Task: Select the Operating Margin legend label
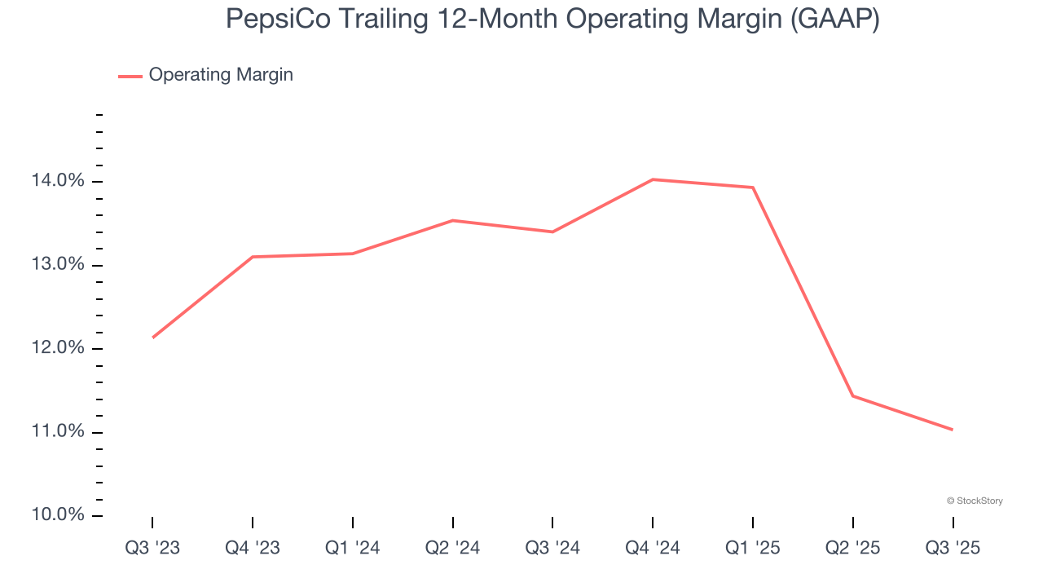[221, 75]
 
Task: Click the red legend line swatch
[130, 76]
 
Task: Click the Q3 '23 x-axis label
[152, 549]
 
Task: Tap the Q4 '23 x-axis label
[253, 549]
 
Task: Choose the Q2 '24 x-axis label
[452, 549]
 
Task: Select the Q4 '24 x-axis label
[653, 549]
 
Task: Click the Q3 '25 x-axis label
[953, 549]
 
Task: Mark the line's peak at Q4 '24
[653, 179]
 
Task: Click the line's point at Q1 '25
[753, 188]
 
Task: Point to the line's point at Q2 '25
[852, 395]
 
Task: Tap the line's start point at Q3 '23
[153, 337]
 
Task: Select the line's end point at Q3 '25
[952, 430]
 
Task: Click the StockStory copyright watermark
[975, 501]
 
